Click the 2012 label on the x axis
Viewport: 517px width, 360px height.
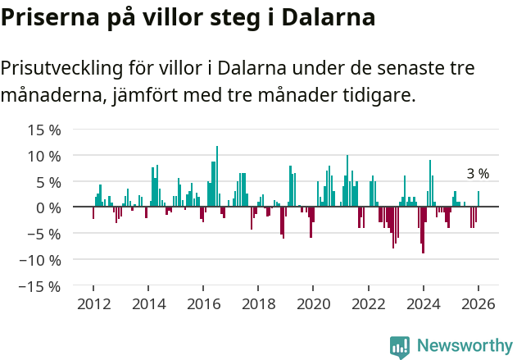coord(93,304)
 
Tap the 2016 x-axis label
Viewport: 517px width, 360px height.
coord(203,304)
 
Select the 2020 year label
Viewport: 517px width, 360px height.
coord(313,304)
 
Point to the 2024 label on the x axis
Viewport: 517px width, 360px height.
coord(424,304)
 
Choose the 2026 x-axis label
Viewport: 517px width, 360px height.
coord(478,304)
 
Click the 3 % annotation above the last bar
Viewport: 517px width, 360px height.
coord(478,174)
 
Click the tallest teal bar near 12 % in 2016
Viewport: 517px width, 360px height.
coord(217,176)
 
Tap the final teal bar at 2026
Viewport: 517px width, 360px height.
coord(478,199)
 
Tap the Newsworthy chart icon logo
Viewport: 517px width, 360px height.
coord(400,347)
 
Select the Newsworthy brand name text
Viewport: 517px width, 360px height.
coord(465,346)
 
